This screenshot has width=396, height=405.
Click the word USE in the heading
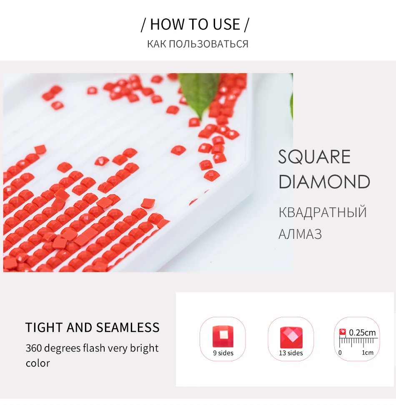point(226,25)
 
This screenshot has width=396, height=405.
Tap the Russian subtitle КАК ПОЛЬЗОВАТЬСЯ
point(198,44)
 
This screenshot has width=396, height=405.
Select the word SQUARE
point(314,157)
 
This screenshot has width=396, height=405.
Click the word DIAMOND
point(324,182)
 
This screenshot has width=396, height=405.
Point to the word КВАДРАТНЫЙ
point(323,212)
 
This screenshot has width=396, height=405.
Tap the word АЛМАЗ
point(300,234)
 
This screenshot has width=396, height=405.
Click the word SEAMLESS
point(128,327)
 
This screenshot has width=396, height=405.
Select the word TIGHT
point(44,327)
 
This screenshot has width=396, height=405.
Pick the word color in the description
point(38,363)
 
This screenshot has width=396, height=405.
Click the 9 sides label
point(223,353)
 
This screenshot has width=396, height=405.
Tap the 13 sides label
point(291,353)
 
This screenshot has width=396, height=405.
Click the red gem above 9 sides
point(223,336)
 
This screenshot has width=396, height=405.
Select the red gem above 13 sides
point(291,338)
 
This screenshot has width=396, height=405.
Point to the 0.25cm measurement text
point(362,332)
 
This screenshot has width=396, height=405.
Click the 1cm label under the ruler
point(368,352)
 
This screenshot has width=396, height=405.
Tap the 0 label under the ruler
point(340,352)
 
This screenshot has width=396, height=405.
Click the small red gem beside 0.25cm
point(342,332)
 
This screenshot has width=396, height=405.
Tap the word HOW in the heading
point(168,25)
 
